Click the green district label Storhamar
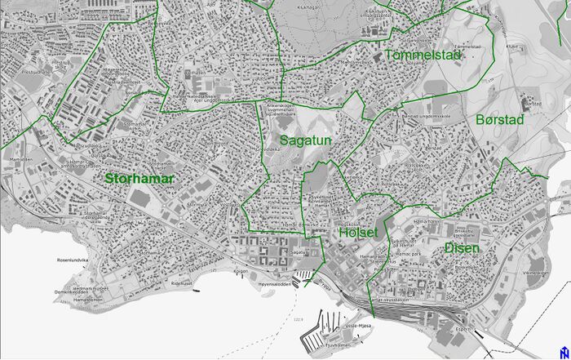pyautogui.click(x=139, y=176)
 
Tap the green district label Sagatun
pyautogui.click(x=305, y=140)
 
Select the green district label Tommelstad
pyautogui.click(x=423, y=55)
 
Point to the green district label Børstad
pyautogui.click(x=498, y=119)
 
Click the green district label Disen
pyautogui.click(x=463, y=247)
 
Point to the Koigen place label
pyautogui.click(x=241, y=271)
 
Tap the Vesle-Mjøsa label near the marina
pyautogui.click(x=359, y=325)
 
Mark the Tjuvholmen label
pyautogui.click(x=338, y=344)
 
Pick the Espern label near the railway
pyautogui.click(x=465, y=330)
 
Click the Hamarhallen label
pyautogui.click(x=426, y=221)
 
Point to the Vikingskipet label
pyautogui.click(x=535, y=273)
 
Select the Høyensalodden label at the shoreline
pyautogui.click(x=274, y=284)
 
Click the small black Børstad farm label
pyautogui.click(x=531, y=104)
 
